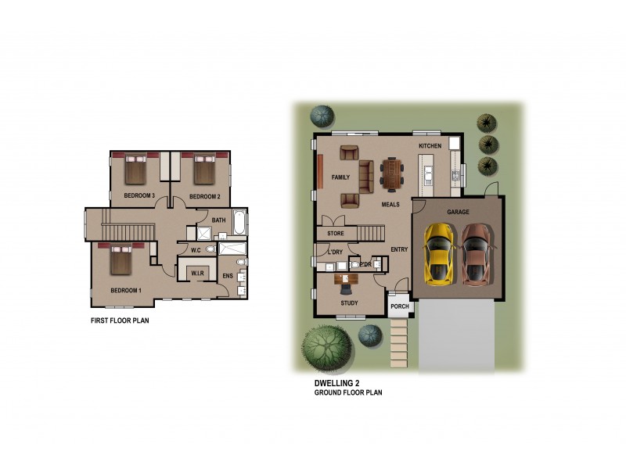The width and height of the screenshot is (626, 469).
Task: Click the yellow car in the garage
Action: click(x=439, y=253)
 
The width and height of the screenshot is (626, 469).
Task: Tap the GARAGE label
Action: click(x=458, y=212)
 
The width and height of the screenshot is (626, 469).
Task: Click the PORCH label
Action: click(x=399, y=306)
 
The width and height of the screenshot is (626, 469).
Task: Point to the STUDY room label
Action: click(x=349, y=303)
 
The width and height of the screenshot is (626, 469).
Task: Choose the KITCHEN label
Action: click(x=430, y=146)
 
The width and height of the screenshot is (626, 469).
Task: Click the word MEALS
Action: click(x=390, y=204)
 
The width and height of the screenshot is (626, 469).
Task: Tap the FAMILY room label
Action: click(x=340, y=177)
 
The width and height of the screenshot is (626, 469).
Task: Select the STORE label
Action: click(x=336, y=233)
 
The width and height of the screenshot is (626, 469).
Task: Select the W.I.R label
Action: click(x=197, y=272)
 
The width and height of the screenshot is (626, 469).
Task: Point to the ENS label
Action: click(x=227, y=276)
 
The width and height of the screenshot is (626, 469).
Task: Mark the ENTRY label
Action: click(x=399, y=249)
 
